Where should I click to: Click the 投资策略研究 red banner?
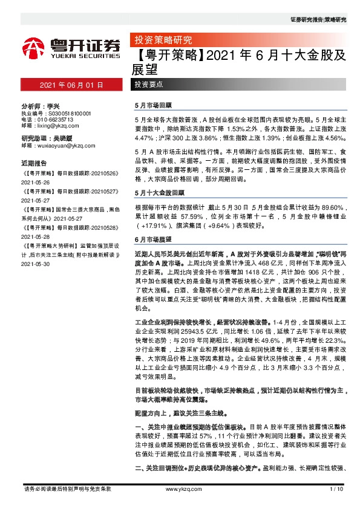pos(162,41)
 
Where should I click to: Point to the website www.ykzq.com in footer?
pos(179,489)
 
